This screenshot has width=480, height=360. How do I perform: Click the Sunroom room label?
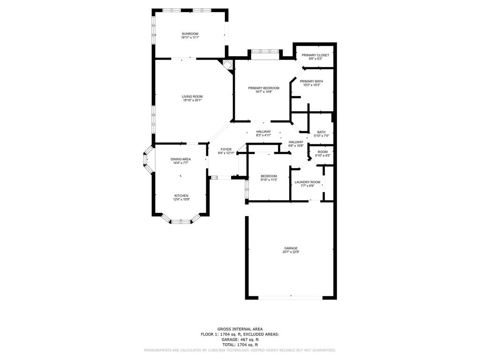[190, 34]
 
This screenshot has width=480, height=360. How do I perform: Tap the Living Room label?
[192, 97]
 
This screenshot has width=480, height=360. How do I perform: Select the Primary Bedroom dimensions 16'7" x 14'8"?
[263, 91]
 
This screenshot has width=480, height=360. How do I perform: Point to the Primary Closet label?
[315, 55]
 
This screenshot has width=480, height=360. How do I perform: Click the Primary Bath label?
[311, 81]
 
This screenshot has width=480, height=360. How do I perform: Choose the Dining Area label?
[180, 159]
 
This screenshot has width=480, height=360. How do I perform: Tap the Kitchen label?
[181, 195]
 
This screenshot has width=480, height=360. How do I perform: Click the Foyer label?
[226, 150]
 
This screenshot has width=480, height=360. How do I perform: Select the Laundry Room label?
[307, 182]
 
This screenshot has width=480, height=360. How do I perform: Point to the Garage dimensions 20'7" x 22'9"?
[291, 252]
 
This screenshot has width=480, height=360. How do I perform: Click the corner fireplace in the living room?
[227, 65]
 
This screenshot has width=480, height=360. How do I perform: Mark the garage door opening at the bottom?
[291, 297]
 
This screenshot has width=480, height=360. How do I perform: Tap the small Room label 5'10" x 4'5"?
[322, 152]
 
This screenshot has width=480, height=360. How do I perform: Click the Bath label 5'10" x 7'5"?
[322, 132]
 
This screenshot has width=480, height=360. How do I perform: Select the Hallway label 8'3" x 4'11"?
[263, 132]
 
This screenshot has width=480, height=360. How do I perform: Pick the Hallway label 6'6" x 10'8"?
[296, 142]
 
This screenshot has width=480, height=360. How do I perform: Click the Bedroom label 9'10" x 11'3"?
[269, 176]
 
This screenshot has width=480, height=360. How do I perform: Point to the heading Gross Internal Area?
[240, 329]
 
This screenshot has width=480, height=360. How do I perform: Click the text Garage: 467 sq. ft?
[240, 339]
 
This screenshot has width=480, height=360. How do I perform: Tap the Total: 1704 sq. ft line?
[240, 345]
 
